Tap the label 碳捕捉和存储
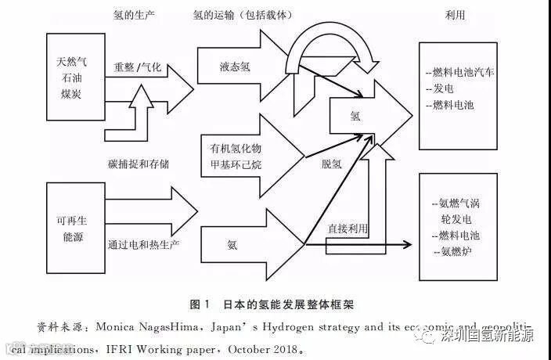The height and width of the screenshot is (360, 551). (x=138, y=164)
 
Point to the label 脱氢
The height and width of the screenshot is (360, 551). (x=331, y=164)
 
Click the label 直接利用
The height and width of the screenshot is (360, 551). (x=347, y=228)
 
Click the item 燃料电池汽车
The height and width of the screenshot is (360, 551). (x=462, y=72)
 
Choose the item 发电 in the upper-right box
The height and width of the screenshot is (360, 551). (x=443, y=88)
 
